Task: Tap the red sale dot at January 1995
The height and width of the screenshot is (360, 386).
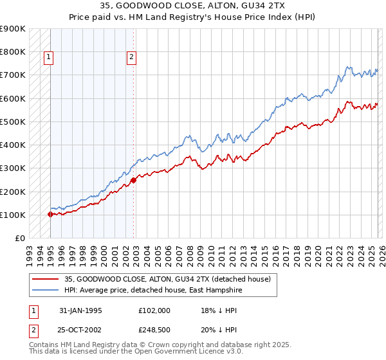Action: point(50,215)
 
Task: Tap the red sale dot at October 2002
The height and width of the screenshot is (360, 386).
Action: point(133,181)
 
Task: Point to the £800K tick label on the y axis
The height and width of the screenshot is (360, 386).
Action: point(13,52)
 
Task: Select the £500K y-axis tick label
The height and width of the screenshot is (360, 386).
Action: point(13,122)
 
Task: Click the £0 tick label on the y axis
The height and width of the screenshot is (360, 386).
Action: point(19,238)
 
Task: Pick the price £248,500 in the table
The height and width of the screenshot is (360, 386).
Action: point(154,330)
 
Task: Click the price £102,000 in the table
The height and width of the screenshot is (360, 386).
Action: point(154,310)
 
